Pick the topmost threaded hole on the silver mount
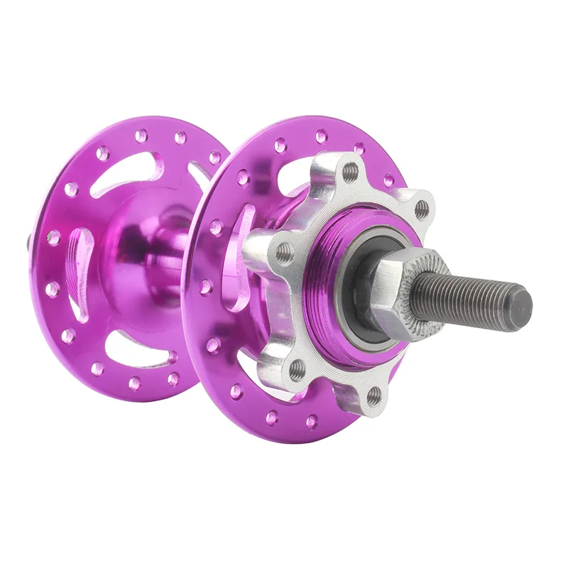tap(350, 171)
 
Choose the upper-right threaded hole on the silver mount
tap(422, 209)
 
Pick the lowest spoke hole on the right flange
tap(310, 423)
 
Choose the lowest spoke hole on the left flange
tap(133, 384)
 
